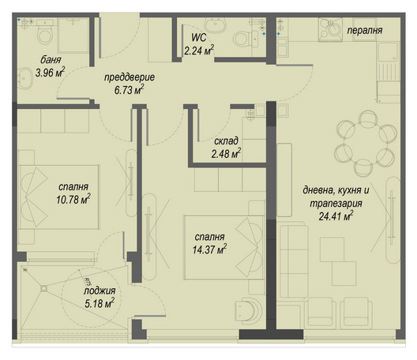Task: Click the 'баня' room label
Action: (51, 60)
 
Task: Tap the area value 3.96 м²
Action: (51, 72)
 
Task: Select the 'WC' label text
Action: (199, 37)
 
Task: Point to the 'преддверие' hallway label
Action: (130, 77)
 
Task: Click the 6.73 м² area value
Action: (130, 89)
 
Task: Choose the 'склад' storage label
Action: (226, 141)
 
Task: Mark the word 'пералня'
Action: (365, 31)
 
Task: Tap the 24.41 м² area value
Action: (336, 216)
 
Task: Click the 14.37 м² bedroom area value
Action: (209, 249)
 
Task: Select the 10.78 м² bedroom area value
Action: (73, 199)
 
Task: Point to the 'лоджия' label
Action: (100, 291)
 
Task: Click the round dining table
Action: (365, 143)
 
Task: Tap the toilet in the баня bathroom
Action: (45, 32)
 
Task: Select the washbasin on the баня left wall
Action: (24, 78)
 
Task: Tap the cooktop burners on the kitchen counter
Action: (330, 29)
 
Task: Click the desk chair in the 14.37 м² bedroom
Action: (249, 310)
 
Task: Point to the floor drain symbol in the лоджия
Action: (44, 288)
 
